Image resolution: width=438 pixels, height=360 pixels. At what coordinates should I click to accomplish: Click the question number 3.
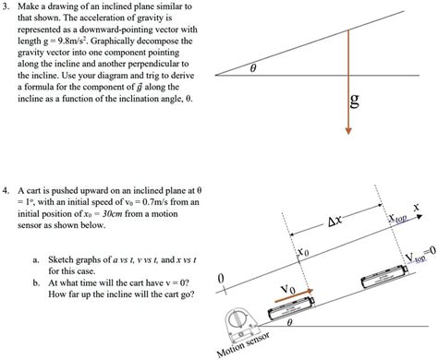click(x=6, y=6)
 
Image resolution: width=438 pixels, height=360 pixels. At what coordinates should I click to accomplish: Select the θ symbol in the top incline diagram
click(x=257, y=67)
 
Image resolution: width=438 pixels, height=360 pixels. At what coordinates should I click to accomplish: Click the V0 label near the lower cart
click(x=289, y=289)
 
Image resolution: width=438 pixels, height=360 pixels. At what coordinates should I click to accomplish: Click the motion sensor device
click(x=238, y=325)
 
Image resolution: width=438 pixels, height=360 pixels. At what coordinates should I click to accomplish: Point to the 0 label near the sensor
click(x=220, y=279)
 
